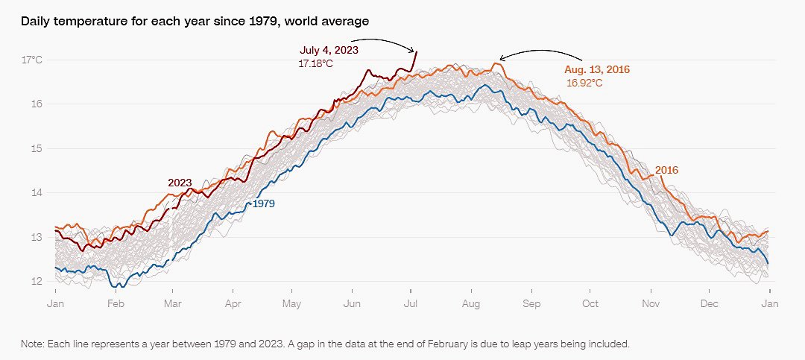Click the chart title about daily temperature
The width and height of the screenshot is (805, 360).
195,22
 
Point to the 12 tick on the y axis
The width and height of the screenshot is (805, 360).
37,282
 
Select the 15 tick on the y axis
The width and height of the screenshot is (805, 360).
37,148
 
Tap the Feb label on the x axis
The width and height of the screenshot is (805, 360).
116,304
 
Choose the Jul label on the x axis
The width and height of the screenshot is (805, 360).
411,304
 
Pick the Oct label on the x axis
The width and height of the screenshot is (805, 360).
590,304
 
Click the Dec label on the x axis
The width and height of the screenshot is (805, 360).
710,304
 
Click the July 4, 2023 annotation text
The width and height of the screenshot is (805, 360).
329,51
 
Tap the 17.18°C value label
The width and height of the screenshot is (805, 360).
316,65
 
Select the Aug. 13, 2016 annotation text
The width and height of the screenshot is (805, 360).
597,69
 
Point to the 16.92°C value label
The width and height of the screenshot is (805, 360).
584,83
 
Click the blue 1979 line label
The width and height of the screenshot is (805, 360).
264,203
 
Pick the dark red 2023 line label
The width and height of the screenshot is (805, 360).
180,183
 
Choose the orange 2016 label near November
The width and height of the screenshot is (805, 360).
666,170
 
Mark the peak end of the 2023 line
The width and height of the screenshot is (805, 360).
416,51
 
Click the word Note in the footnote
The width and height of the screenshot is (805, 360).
34,344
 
